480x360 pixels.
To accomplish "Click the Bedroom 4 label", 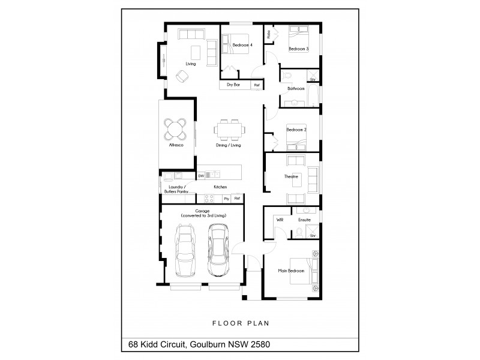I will pos(242,45).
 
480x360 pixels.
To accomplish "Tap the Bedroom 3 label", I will pos(298,49).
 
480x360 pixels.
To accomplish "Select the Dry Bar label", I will pos(233,85).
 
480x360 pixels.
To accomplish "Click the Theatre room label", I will pos(292,176).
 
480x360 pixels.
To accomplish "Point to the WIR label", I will pos(280,220).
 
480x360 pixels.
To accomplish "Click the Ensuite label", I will pos(305,220).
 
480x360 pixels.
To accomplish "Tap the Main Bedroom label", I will pos(291,271).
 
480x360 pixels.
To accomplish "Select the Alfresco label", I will pos(176,146).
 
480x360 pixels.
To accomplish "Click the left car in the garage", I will pos(187,251).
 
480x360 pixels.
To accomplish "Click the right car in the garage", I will pos(219,251).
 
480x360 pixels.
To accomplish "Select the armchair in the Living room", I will pos(182,76).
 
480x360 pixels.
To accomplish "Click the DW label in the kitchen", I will pos(200,176).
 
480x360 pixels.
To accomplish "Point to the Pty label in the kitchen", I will pos(226,199).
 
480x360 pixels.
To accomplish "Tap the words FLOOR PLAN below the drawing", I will pos(241,323).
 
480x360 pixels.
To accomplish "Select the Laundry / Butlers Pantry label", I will pos(177,189).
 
